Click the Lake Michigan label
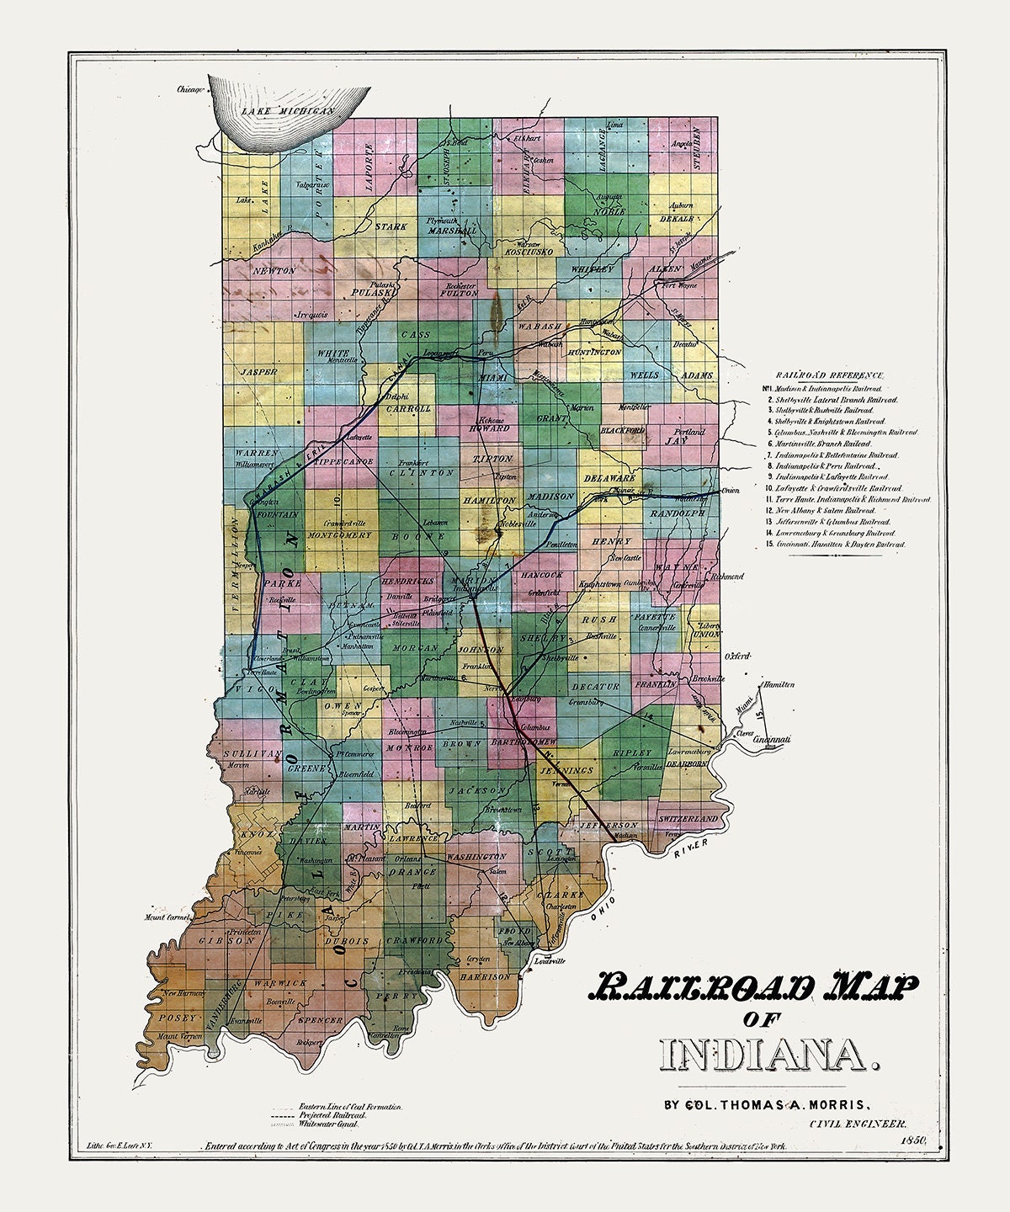pyautogui.click(x=288, y=110)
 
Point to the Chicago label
pyautogui.click(x=191, y=90)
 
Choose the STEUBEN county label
pyautogui.click(x=698, y=149)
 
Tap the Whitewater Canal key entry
pyautogui.click(x=328, y=1124)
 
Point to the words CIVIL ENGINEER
pyautogui.click(x=858, y=1123)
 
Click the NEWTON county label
pyautogui.click(x=274, y=271)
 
